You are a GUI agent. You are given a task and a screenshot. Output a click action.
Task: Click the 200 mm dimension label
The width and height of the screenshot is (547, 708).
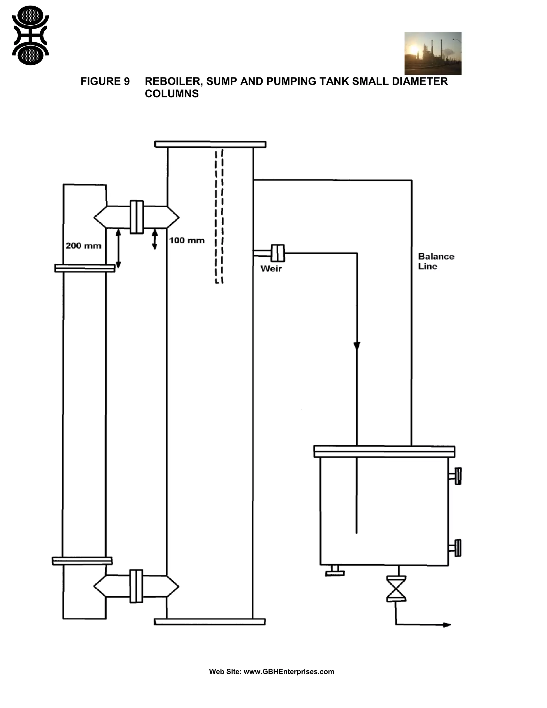click(x=83, y=246)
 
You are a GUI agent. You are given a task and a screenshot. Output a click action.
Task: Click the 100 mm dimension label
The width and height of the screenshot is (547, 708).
click(x=187, y=240)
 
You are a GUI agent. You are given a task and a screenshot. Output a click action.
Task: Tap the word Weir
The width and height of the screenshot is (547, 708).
click(x=271, y=269)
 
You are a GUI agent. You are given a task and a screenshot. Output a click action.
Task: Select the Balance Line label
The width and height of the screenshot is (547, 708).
click(x=436, y=261)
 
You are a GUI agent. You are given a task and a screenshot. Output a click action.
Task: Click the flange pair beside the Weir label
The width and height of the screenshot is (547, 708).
click(x=278, y=253)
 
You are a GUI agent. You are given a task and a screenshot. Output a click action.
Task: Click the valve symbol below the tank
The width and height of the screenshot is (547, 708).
click(x=396, y=589)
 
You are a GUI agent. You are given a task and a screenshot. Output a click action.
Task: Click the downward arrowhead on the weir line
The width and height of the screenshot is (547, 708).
click(x=357, y=345)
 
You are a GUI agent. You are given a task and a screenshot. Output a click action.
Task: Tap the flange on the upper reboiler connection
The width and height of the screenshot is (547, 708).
click(x=136, y=217)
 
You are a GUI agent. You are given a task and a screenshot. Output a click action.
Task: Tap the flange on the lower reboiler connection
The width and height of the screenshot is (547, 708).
click(x=136, y=586)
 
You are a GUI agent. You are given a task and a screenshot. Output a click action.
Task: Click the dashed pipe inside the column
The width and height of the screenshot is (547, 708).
click(x=219, y=216)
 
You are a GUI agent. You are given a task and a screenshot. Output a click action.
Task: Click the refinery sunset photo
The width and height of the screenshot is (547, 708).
click(x=433, y=53)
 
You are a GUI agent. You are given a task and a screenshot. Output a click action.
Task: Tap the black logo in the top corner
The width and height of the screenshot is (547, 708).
click(x=30, y=35)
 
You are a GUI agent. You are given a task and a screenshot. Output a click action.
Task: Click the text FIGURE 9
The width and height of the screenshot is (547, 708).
click(x=105, y=81)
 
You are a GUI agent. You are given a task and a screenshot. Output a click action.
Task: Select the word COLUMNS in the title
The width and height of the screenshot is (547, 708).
click(x=171, y=94)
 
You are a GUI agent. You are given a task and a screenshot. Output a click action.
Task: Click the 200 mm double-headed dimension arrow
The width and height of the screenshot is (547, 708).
click(x=118, y=248)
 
